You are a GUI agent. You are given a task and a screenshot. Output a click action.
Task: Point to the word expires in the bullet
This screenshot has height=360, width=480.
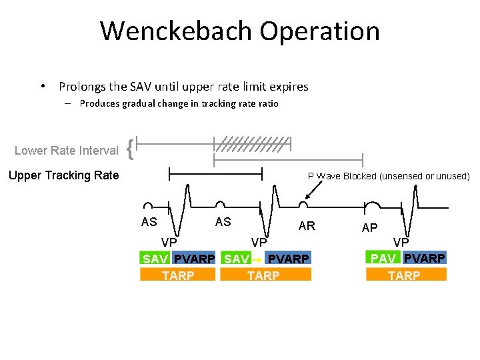tap(290, 87)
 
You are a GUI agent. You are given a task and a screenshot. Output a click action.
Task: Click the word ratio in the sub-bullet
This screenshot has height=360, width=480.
tap(267, 103)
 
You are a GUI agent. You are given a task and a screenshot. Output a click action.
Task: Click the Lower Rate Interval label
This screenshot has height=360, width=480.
tap(66, 151)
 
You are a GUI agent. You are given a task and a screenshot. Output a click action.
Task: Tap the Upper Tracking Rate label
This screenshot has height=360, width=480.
tap(63, 175)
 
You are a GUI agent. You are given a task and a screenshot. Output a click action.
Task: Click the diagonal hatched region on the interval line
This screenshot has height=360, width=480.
tap(252, 143)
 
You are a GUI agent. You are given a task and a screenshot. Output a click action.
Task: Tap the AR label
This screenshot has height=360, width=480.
tap(307, 225)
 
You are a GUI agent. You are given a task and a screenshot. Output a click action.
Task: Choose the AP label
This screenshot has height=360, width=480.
tap(369, 228)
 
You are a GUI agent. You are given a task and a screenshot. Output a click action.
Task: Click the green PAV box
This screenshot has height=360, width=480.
tap(383, 258)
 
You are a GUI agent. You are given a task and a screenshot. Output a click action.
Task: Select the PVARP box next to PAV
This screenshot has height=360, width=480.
tap(425, 258)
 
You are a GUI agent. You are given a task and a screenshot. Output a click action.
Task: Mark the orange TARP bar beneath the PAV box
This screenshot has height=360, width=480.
tap(405, 275)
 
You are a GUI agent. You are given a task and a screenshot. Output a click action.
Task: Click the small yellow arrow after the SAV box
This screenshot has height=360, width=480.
tap(257, 259)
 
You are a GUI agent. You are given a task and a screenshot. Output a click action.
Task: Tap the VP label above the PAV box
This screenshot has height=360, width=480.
tap(401, 243)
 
